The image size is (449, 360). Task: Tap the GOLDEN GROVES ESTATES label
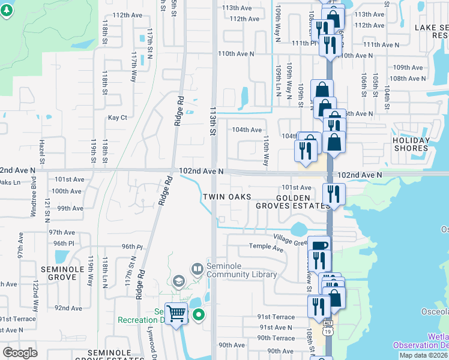click(x=303, y=202)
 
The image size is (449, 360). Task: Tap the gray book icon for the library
click(x=196, y=268)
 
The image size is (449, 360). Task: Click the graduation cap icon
click(x=178, y=281)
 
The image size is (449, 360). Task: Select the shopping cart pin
click(x=176, y=313)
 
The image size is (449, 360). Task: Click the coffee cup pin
click(x=319, y=246)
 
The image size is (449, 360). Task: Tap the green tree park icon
click(x=8, y=11)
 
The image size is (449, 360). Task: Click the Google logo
click(x=20, y=353)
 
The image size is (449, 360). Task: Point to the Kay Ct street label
click(x=117, y=118)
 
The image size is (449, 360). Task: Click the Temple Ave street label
click(x=266, y=247)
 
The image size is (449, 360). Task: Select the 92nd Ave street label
click(x=68, y=308)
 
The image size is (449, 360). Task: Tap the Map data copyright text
click(x=423, y=355)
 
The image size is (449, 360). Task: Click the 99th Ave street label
click(x=70, y=208)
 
